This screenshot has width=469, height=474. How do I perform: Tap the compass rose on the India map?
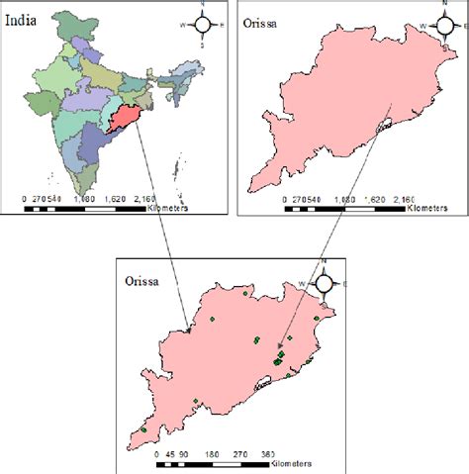point(200,24)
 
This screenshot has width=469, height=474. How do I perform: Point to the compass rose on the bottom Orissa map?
point(323,283)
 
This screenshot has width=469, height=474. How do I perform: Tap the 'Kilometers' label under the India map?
point(175,210)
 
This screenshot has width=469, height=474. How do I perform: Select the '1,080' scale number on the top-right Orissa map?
point(343,200)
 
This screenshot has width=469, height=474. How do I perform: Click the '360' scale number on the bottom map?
point(268,454)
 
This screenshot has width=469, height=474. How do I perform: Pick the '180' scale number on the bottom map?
point(212,454)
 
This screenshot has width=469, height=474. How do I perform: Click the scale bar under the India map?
point(84,209)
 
